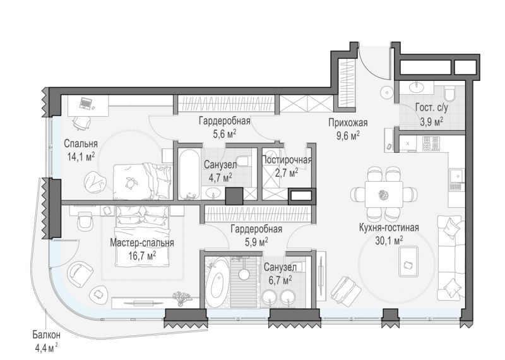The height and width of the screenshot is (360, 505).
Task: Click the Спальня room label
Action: coord(81,143)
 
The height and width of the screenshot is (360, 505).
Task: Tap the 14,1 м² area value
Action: coord(81,157)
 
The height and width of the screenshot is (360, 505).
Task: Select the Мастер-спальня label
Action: coord(141,243)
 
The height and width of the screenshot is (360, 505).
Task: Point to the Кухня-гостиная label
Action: coord(389,227)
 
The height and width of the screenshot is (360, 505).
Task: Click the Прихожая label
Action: coord(348,123)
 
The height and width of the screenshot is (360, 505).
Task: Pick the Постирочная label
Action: coord(287,160)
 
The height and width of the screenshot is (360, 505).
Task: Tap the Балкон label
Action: coord(46,335)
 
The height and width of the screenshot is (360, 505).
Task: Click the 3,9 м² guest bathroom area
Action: coord(431,122)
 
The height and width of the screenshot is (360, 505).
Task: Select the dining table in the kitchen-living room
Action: coord(384,195)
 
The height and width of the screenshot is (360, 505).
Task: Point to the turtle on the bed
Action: coord(131,183)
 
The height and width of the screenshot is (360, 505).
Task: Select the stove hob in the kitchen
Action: coord(431,144)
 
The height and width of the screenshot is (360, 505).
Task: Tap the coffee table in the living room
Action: coord(408,261)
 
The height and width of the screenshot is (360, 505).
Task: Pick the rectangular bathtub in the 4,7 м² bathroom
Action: coord(189,174)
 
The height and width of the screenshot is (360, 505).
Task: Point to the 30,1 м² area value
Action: coord(389,241)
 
